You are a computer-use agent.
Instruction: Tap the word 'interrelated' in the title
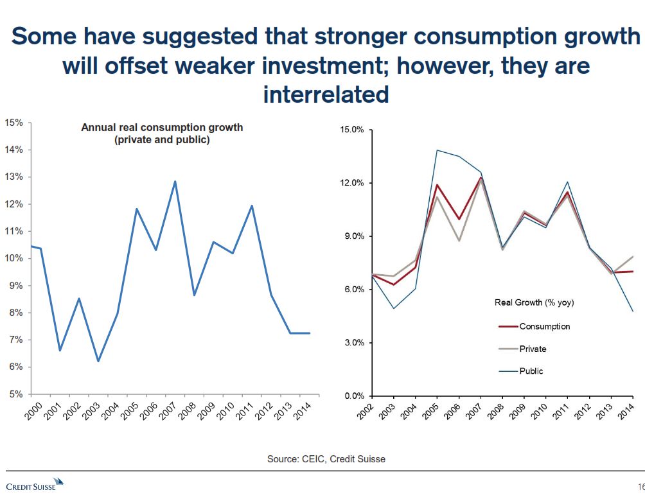click(326, 94)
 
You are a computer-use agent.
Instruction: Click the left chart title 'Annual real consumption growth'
click(162, 127)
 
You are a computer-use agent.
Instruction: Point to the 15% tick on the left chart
click(15, 123)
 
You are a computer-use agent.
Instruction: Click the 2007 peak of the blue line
click(175, 182)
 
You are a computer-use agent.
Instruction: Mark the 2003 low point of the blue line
click(98, 361)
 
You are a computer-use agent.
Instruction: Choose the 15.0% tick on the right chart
click(351, 130)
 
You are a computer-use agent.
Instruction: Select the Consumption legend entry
click(544, 326)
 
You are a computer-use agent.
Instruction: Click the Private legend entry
click(533, 349)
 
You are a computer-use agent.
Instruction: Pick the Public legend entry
click(531, 371)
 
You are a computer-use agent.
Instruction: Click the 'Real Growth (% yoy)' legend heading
click(534, 302)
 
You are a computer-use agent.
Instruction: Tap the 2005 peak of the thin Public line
click(437, 150)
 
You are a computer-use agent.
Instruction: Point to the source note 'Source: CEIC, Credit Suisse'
click(326, 459)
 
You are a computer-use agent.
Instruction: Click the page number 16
click(641, 485)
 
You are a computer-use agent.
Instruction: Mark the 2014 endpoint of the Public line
click(633, 311)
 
